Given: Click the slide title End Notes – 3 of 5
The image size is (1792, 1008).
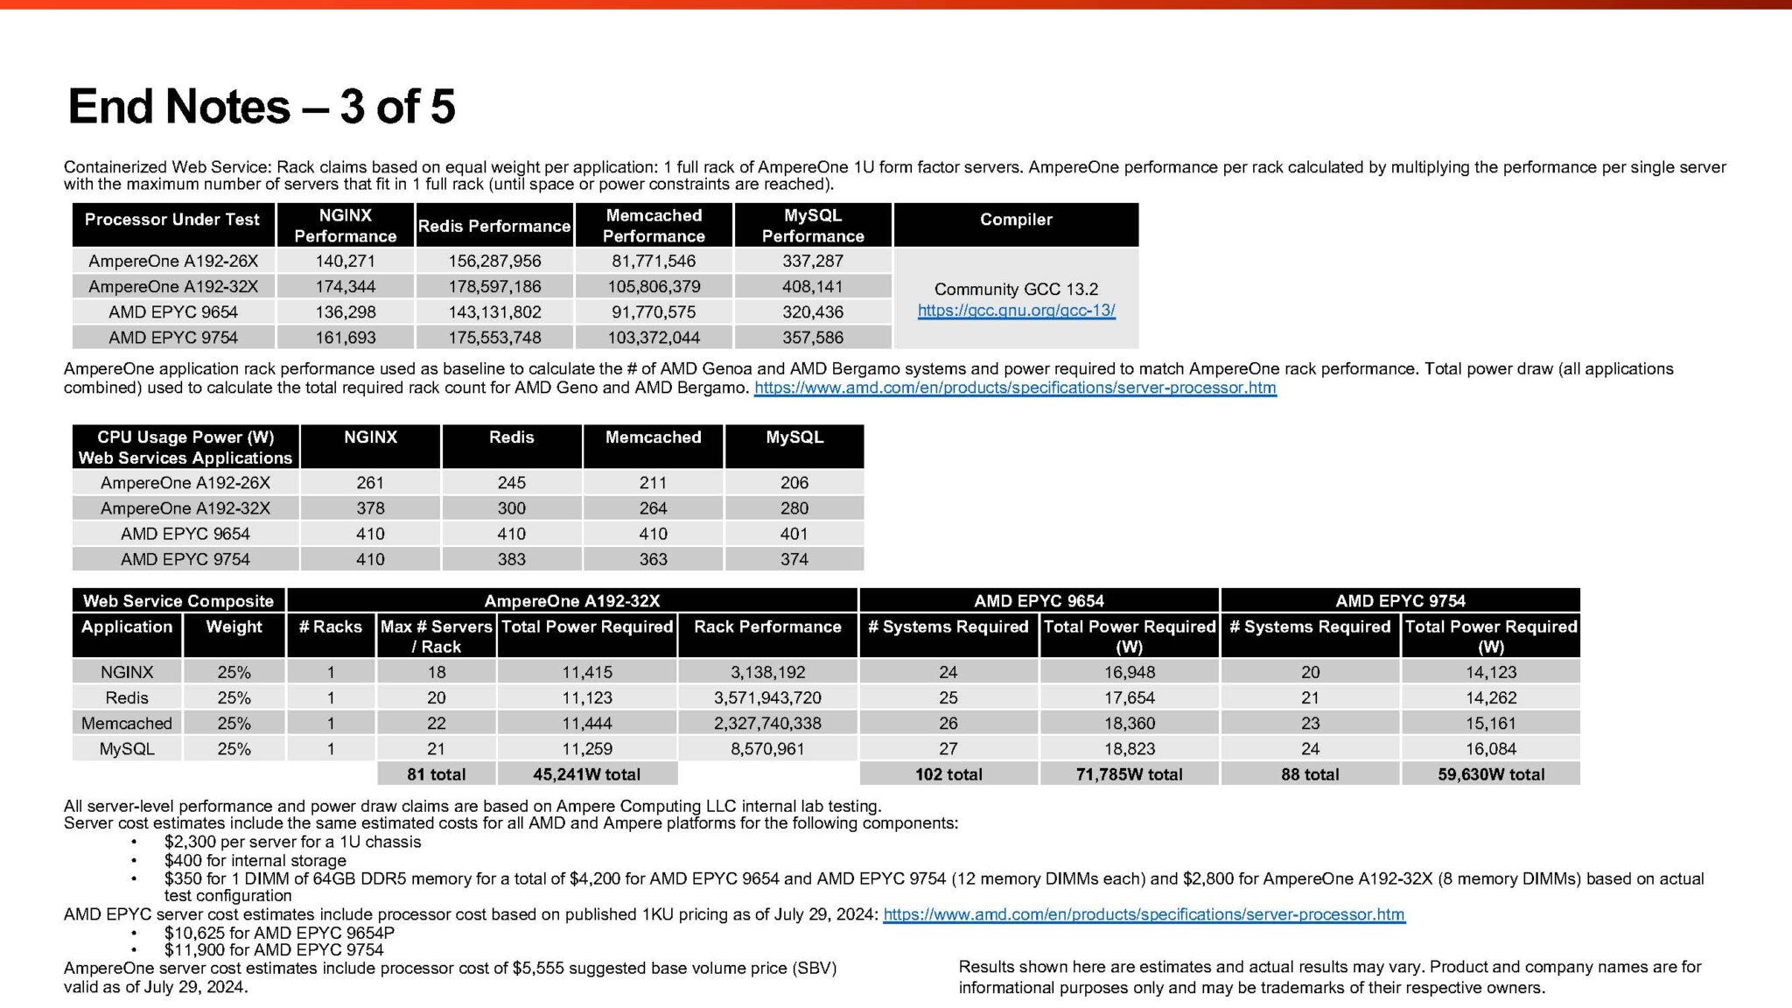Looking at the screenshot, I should (262, 107).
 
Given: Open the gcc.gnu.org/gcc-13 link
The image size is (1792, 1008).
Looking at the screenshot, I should (1016, 311).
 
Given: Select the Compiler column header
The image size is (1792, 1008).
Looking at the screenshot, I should (1016, 220).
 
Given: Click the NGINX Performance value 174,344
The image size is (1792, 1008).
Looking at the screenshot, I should (346, 286).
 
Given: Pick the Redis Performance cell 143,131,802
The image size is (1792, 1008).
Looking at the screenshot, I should (494, 312).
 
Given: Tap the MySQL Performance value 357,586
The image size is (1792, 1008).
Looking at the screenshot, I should (813, 338).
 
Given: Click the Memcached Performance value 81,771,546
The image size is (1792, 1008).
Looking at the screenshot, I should (654, 261).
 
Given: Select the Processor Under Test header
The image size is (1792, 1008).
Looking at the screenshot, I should (172, 220).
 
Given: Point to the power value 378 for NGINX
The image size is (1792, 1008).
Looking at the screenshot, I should (370, 508).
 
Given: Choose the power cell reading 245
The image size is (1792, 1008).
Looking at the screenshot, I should (512, 483).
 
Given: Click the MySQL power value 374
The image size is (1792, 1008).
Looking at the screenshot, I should (794, 559).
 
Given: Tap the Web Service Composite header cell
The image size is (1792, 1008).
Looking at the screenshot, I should (178, 601).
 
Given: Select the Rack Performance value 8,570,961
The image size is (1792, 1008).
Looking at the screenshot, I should (767, 749).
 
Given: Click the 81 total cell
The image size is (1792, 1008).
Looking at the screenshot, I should (436, 774).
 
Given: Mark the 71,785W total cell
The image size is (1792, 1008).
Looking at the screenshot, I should (1129, 774).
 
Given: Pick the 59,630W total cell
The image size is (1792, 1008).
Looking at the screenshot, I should (1491, 774).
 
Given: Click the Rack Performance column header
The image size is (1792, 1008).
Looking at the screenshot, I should (767, 626).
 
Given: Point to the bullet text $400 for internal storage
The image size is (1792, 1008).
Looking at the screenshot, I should (255, 861).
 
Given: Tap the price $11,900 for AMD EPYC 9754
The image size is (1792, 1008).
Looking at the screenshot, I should (274, 950).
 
